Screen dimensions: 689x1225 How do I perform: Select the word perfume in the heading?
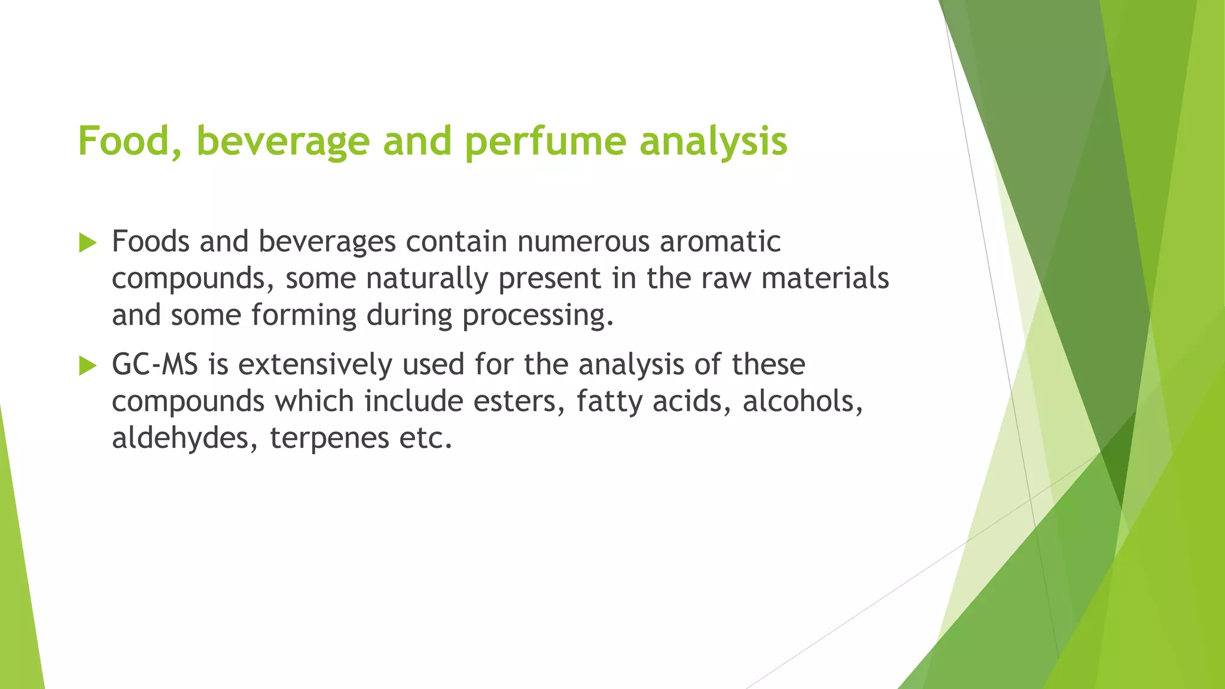point(545,142)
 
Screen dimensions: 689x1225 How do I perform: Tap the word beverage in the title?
point(282,142)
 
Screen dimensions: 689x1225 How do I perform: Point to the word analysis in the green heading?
point(713,142)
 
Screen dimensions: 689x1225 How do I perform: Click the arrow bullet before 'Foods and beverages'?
point(87,243)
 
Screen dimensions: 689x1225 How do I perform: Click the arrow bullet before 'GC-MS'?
point(87,365)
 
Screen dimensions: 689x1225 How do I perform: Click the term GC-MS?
point(155,364)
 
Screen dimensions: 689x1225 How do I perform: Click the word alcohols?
point(803,401)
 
